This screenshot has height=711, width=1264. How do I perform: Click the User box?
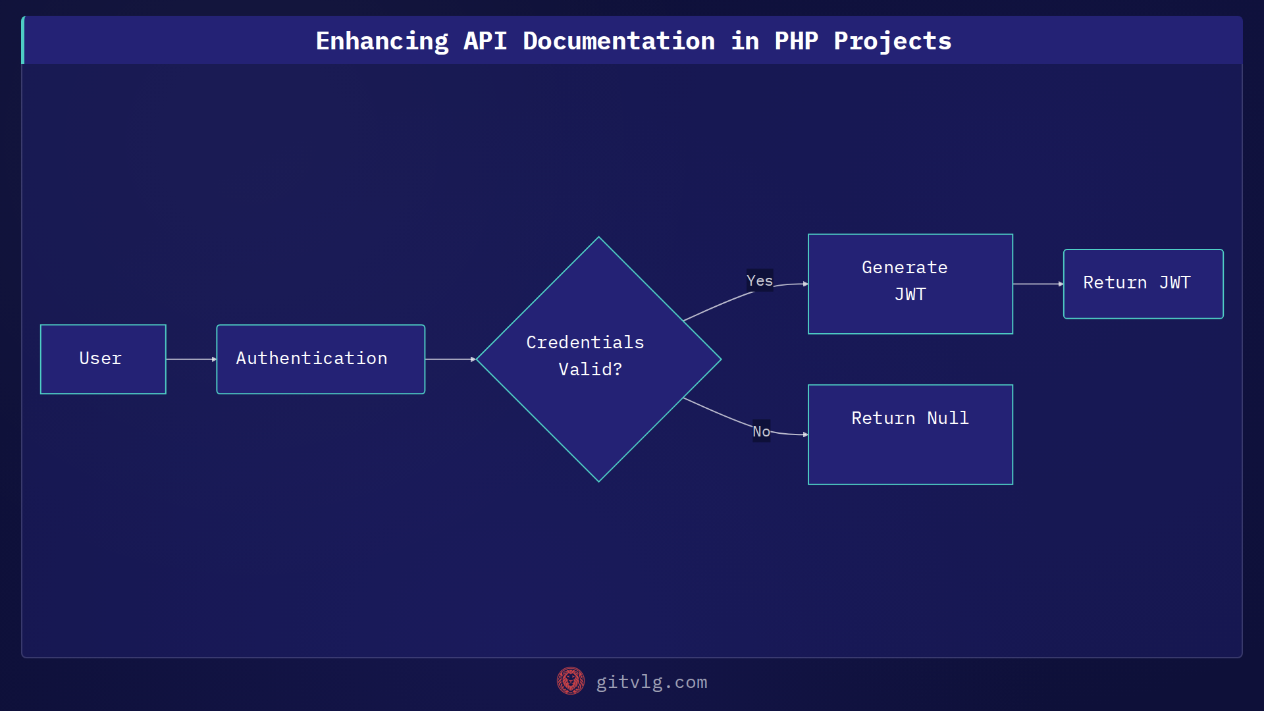[103, 359]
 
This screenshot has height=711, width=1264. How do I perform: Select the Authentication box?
[321, 359]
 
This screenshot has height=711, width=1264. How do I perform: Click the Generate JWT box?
[910, 284]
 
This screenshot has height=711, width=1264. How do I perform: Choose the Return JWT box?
[1143, 284]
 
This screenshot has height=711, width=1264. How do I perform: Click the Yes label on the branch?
[759, 280]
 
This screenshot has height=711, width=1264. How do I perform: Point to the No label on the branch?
[761, 431]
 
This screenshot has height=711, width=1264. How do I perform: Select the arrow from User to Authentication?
[191, 359]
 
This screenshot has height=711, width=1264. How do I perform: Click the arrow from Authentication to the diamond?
[450, 359]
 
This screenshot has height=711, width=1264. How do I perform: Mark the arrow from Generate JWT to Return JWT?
[1038, 284]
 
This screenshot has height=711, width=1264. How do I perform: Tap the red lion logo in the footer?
[570, 681]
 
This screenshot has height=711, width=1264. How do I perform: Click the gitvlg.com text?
[651, 682]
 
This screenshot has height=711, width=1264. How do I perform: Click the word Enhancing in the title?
[382, 41]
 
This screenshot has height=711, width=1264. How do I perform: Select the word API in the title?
[485, 41]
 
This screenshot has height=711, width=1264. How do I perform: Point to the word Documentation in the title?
[619, 41]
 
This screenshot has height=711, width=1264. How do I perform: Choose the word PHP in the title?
[796, 41]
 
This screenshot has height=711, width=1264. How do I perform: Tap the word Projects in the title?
[892, 41]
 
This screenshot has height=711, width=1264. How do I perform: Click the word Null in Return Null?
[947, 418]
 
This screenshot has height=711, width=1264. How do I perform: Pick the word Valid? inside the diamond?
[590, 369]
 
